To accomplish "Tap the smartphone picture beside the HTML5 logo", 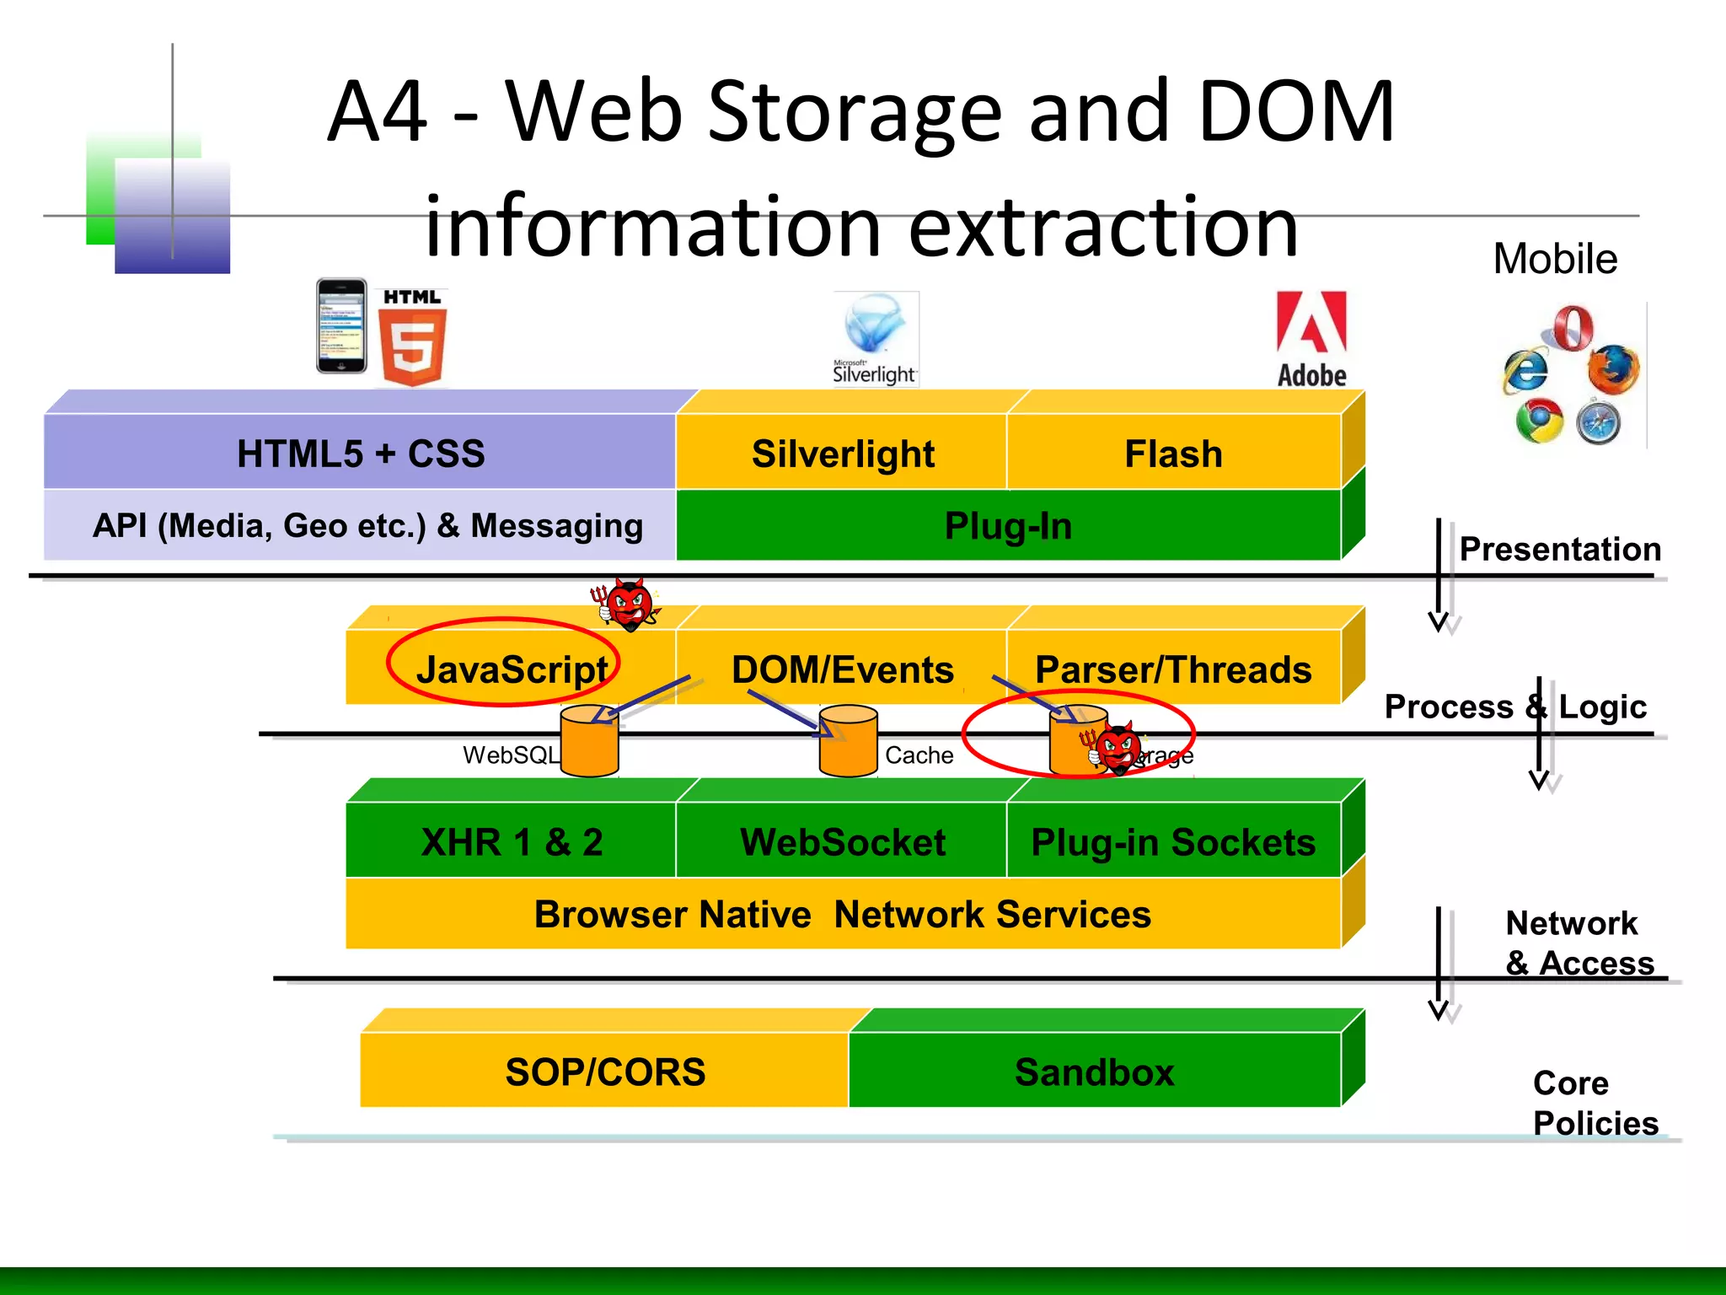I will [341, 326].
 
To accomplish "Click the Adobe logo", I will [1311, 339].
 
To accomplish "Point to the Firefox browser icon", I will [1612, 369].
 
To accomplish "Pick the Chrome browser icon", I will [1539, 422].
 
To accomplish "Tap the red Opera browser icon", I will [1573, 328].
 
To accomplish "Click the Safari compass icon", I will [1599, 423].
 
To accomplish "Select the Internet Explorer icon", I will [1525, 370].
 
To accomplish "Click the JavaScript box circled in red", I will [511, 669].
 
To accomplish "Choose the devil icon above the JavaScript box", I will [629, 604].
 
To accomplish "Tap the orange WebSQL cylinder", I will [589, 742].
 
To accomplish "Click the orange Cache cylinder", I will [848, 742].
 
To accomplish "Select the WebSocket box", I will [842, 841].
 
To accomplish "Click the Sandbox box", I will [1094, 1072].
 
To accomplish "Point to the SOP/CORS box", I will [605, 1072].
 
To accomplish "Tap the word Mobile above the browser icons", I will [1554, 259].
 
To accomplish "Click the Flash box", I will [1173, 454].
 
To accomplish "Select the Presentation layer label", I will [1559, 549].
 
